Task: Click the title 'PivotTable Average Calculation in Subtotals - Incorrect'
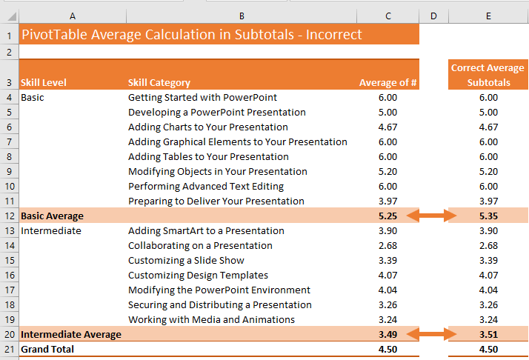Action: [192, 34]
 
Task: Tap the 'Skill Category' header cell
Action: [159, 82]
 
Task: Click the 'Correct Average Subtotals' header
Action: [488, 75]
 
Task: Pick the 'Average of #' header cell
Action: [388, 82]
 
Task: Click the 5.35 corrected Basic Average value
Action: [488, 216]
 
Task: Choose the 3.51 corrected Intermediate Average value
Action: [488, 334]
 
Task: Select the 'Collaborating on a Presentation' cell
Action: [200, 245]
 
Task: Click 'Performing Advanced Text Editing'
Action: [206, 186]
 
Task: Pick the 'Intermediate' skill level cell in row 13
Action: [51, 230]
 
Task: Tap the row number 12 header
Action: [9, 216]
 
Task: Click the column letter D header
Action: [433, 16]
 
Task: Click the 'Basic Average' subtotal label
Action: [52, 216]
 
